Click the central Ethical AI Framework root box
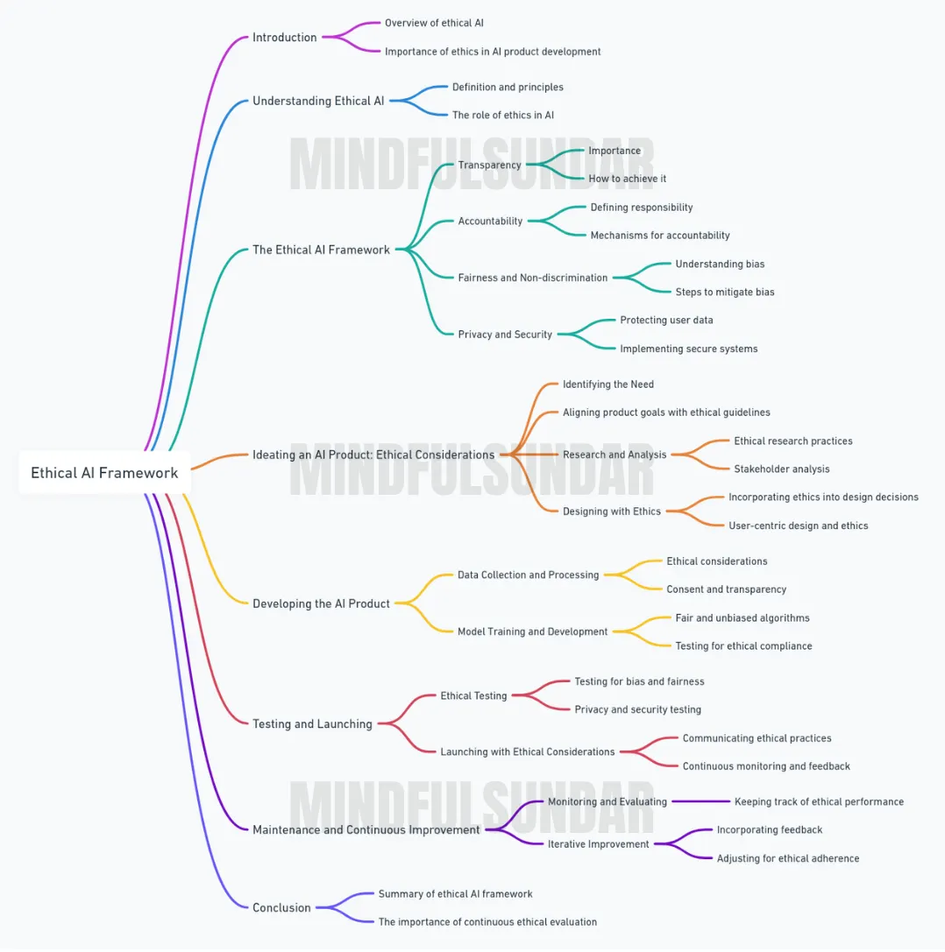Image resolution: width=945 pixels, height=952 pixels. click(104, 472)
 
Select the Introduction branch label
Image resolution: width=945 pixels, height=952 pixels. click(284, 37)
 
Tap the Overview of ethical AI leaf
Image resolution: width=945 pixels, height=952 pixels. click(434, 23)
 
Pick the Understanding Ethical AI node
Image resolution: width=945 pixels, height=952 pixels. click(318, 101)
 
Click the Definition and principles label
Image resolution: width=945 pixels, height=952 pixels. click(508, 87)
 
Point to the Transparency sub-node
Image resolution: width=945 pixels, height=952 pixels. click(489, 165)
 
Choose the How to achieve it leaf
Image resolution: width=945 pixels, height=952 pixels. click(627, 179)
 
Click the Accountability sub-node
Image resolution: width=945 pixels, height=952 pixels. click(490, 221)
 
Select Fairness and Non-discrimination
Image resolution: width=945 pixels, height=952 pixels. click(532, 278)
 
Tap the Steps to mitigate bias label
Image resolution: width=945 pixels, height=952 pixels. click(725, 292)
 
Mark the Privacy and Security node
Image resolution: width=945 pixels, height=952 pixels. click(505, 334)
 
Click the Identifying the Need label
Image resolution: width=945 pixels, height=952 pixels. click(607, 384)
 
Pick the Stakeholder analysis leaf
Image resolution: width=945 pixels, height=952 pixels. click(782, 469)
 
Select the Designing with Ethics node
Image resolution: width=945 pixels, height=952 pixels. click(611, 511)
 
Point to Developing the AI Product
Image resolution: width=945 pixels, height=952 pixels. click(321, 603)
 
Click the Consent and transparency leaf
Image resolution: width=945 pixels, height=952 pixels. click(726, 589)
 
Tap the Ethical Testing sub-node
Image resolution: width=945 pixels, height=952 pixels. click(473, 695)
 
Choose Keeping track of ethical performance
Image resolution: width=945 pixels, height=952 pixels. click(819, 801)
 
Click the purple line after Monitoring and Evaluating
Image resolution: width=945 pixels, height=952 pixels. click(700, 801)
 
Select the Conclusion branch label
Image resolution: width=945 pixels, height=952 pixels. click(281, 907)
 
